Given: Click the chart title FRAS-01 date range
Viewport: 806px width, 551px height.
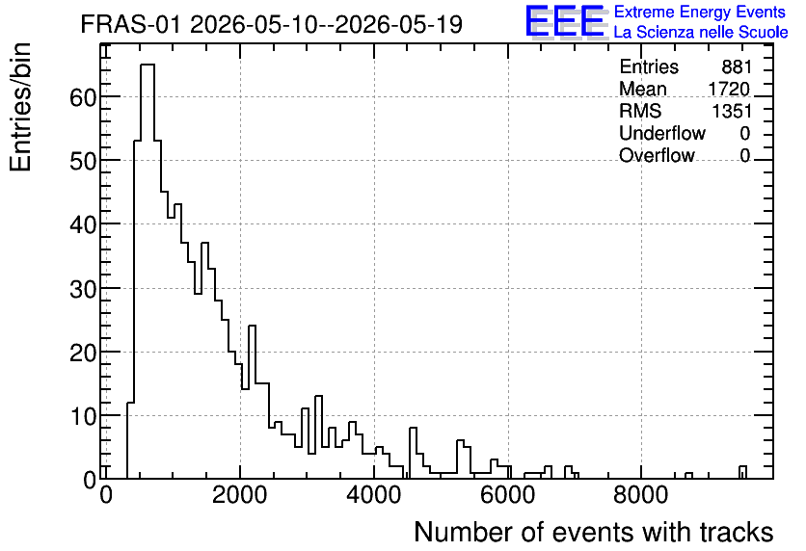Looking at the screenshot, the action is point(272,25).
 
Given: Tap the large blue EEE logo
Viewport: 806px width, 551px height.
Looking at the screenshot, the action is point(566,21).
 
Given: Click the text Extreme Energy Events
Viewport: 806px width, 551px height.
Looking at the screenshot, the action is point(700,12).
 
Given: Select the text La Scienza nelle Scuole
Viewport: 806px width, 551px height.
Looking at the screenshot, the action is point(701,33).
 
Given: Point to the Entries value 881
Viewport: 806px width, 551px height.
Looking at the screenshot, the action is point(737,66).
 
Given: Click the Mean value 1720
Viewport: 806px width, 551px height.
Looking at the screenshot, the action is point(729,89).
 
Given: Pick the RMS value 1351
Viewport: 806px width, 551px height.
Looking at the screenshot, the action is point(732,111).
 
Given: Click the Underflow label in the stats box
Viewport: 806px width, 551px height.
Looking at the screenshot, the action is point(662,133).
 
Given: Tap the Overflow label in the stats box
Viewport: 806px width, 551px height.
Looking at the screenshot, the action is point(657,155).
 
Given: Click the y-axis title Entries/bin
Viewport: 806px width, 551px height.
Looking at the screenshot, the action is point(20,108).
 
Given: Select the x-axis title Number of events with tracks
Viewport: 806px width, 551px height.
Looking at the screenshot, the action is point(594,532).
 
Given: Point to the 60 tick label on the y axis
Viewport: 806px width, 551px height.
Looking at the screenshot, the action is point(83,97).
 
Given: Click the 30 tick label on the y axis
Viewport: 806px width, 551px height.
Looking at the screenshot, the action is point(83,289).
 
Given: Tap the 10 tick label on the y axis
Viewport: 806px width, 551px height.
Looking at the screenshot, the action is point(83,416).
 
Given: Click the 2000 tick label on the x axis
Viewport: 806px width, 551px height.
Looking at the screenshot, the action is point(240,495).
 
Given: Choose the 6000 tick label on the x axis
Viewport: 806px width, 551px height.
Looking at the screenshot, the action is point(508,495).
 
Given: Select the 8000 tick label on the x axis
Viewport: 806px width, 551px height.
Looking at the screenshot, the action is point(641,495).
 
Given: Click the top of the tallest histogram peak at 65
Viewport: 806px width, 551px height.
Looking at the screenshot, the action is point(148,65).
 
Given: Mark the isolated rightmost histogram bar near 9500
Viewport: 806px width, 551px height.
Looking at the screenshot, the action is point(742,472).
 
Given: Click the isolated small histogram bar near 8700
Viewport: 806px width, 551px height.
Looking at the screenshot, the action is point(688,476).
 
